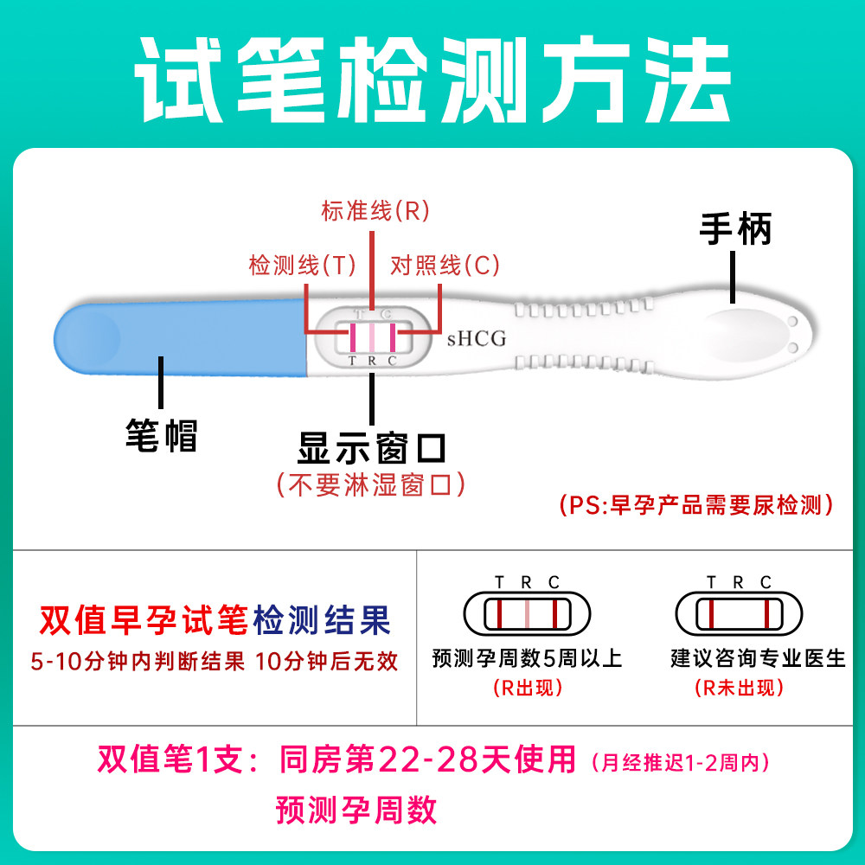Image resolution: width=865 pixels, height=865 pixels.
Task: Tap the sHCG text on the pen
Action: pyautogui.click(x=476, y=339)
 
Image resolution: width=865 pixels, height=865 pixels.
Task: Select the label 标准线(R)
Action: pyautogui.click(x=375, y=211)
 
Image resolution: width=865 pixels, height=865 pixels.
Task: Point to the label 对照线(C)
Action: pyautogui.click(x=445, y=266)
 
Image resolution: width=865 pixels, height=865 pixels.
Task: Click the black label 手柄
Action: pyautogui.click(x=734, y=230)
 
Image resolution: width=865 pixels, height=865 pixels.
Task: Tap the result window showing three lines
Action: pyautogui.click(x=526, y=614)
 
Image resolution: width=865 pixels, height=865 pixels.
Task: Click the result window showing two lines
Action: pyautogui.click(x=738, y=614)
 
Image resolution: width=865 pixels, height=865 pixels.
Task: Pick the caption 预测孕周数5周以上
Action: pyautogui.click(x=527, y=658)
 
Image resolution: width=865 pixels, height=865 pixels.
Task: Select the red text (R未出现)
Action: pyautogui.click(x=739, y=689)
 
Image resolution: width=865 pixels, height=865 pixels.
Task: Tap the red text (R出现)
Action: pyautogui.click(x=527, y=689)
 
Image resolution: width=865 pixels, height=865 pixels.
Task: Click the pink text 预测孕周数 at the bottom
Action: pyautogui.click(x=356, y=811)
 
